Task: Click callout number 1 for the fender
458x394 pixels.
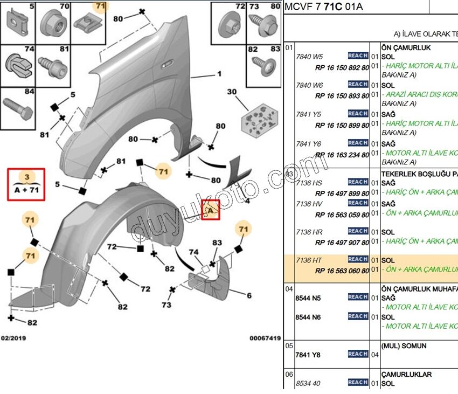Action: (x=220, y=74)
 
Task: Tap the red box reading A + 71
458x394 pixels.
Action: (x=26, y=184)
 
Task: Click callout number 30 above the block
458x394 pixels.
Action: (x=232, y=92)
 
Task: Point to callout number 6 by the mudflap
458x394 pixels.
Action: (x=249, y=295)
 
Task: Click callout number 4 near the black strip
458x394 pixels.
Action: (x=247, y=201)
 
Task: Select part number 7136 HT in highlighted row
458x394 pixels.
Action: (x=309, y=260)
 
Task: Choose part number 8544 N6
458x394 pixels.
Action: (x=308, y=317)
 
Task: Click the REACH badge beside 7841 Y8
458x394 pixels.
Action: (x=358, y=354)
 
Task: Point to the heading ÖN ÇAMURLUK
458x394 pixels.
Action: (x=406, y=47)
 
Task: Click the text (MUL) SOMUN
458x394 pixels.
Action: (x=404, y=345)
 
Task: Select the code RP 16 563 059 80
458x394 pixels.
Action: (x=342, y=215)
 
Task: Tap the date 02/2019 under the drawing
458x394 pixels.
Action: (x=13, y=338)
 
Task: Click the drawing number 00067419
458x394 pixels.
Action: (x=265, y=338)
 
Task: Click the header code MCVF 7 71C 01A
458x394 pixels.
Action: (x=324, y=7)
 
